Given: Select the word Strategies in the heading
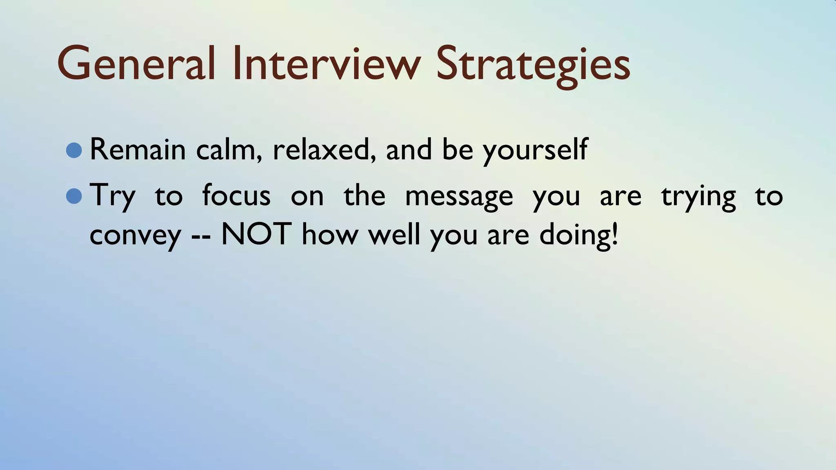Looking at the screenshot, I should pos(533,65).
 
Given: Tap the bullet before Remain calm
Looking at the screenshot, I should pos(74,150).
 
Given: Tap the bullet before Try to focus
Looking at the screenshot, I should pos(74,196).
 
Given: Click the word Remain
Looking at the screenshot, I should pos(138,149).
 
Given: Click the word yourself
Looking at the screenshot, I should pos(535,151).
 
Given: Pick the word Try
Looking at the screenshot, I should pos(112,196).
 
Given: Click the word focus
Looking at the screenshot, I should pos(236,195).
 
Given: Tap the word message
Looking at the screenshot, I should pos(459,197).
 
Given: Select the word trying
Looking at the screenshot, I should pos(698,197).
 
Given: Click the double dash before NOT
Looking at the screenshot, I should pos(201,237).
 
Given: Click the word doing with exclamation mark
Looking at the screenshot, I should pos(578,235).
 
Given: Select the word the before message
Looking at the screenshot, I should pos(364,195).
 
